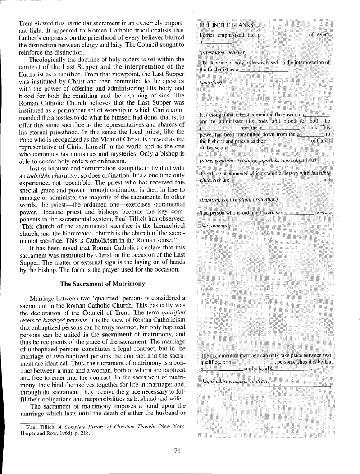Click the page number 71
point(177,451)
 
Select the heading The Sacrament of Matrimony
point(102,284)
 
